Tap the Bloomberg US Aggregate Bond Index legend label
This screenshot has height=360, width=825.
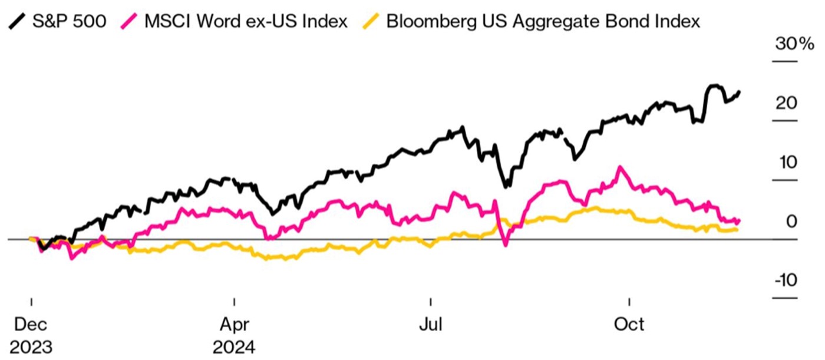(x=542, y=22)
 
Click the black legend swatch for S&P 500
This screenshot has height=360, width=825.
(x=18, y=22)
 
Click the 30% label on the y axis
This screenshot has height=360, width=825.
(x=793, y=44)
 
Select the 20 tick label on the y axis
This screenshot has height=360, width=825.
(x=786, y=104)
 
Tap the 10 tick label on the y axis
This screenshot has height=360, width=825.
(x=787, y=163)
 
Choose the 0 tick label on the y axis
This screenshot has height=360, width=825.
(x=791, y=222)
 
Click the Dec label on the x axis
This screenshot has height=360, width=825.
(x=31, y=324)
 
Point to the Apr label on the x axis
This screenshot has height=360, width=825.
(x=234, y=324)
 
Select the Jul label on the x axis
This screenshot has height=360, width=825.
(x=430, y=324)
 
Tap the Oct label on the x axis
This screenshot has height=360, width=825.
(x=629, y=324)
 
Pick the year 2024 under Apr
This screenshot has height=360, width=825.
(x=234, y=346)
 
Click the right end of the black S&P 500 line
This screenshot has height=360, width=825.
(x=739, y=92)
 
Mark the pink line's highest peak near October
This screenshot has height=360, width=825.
(x=619, y=167)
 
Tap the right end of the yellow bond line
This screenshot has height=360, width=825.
(x=737, y=230)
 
